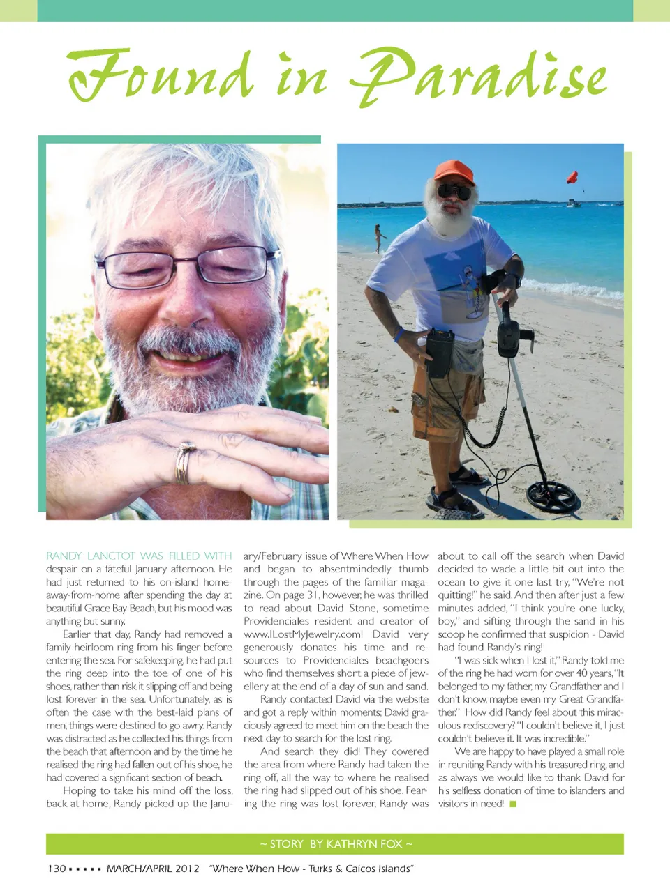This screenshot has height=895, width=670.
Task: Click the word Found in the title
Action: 161,75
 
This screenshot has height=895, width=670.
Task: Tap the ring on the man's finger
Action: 184,462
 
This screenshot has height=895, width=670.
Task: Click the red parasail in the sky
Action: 572,177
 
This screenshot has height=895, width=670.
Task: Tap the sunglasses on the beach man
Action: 454,191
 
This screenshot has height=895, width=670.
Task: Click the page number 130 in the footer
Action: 57,869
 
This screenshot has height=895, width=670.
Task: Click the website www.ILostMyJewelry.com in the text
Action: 303,634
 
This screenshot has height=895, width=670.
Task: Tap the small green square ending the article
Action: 513,804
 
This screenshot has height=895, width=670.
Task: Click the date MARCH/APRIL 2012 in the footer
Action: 153,869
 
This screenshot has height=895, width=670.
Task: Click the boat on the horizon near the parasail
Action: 573,203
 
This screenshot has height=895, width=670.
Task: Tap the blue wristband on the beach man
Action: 398,335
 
